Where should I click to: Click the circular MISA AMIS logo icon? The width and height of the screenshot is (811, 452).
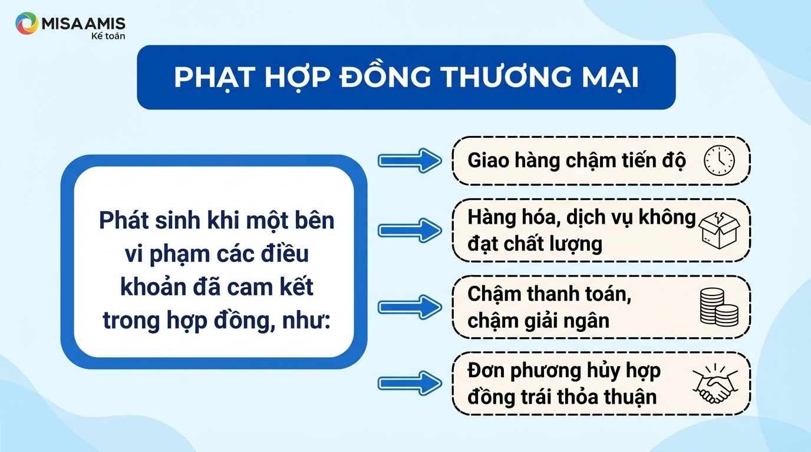click(27, 24)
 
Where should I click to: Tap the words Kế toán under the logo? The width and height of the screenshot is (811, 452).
click(108, 36)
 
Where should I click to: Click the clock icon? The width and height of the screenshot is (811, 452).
click(719, 161)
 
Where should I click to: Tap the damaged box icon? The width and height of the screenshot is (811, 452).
click(719, 230)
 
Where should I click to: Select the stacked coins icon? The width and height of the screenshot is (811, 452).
click(719, 307)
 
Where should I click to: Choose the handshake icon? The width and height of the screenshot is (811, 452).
click(716, 383)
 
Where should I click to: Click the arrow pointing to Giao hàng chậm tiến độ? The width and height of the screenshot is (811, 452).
click(410, 161)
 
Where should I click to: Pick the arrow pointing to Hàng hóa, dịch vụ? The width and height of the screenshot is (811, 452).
click(410, 230)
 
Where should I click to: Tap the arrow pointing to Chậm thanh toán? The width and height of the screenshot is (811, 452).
click(410, 307)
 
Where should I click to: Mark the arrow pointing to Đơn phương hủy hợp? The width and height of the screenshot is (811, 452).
click(410, 383)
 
